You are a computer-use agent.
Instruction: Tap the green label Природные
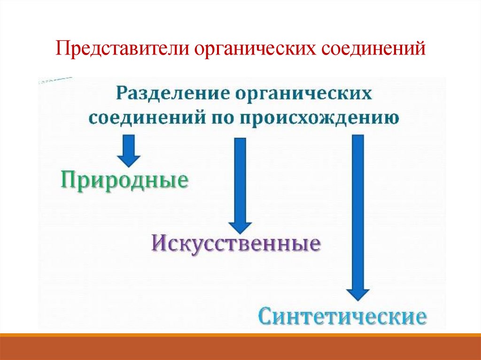pos(124,180)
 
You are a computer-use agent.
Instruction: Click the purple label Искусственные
pos(236,244)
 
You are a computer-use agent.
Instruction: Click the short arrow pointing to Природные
pos(128,150)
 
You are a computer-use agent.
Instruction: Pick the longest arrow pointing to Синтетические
pos(358,216)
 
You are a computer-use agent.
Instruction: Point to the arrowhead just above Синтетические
pos(358,293)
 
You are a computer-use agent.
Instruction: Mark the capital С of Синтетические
pos(266,316)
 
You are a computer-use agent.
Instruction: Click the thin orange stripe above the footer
pos(240,335)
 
